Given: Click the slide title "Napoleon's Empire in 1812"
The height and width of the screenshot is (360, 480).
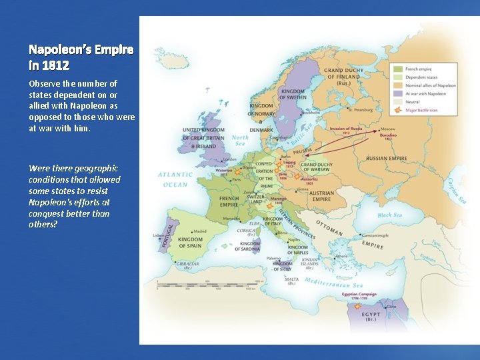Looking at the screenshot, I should [81, 57].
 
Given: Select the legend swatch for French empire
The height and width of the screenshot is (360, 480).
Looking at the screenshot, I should [397, 69].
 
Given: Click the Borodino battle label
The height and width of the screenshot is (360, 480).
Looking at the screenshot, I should [389, 137].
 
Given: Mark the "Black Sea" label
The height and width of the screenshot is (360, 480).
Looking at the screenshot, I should [393, 215].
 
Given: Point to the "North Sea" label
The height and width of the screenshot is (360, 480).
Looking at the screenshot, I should [240, 141].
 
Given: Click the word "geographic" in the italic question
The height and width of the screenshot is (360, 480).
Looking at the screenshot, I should [87, 169].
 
